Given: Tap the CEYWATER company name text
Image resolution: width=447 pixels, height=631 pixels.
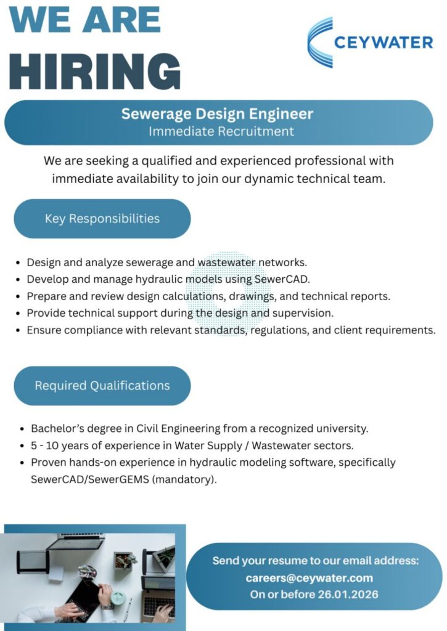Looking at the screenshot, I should (383, 43).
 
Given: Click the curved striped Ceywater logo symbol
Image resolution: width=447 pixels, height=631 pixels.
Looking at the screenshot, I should (321, 42).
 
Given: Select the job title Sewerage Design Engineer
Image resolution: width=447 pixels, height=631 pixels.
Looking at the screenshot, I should (217, 114).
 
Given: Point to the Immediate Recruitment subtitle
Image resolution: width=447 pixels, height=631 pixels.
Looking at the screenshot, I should (221, 131).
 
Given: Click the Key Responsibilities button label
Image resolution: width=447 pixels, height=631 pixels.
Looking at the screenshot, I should (102, 219).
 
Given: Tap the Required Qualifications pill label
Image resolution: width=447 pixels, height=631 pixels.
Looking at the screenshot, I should (102, 386).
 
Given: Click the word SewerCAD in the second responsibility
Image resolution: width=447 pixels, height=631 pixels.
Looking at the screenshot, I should (281, 279).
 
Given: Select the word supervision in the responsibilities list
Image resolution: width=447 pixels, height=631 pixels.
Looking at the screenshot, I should (302, 313).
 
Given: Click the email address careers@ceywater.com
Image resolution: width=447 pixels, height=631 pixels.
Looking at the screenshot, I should (309, 578).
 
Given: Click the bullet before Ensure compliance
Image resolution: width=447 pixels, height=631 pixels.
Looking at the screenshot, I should (19, 330).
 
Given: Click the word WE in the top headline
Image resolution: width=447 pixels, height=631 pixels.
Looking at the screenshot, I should (42, 20).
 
